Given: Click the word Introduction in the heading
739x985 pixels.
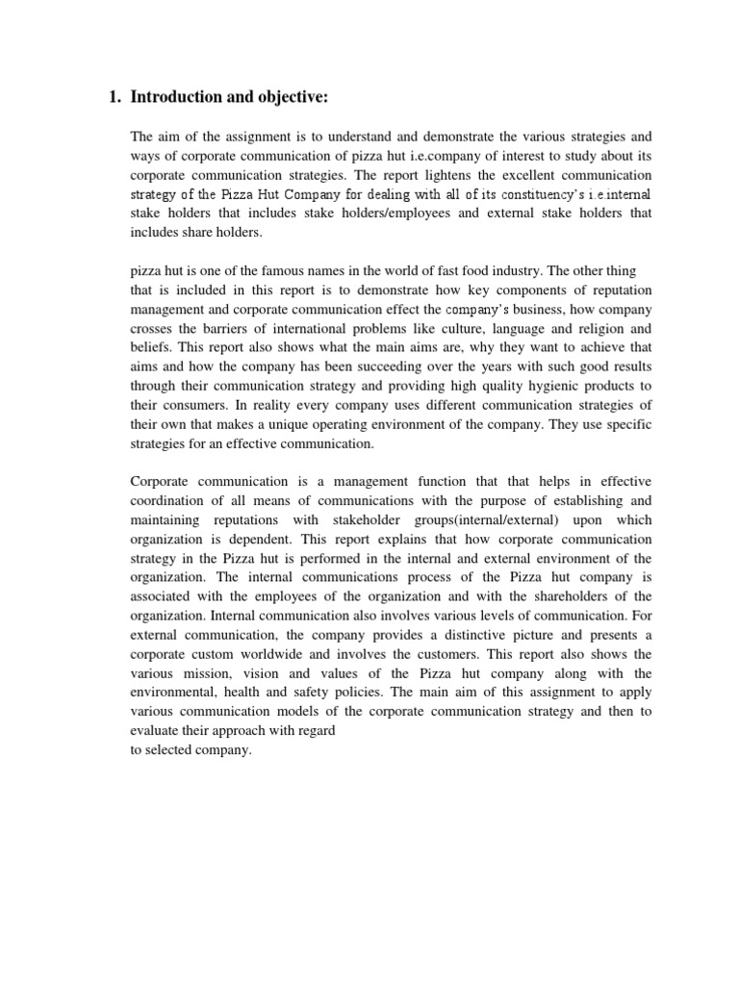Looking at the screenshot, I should pos(178,96).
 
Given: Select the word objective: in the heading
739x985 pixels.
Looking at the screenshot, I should pos(306,96).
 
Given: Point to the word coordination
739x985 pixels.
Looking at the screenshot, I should pos(170,500).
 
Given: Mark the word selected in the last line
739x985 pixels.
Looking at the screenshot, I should pos(169,752).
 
